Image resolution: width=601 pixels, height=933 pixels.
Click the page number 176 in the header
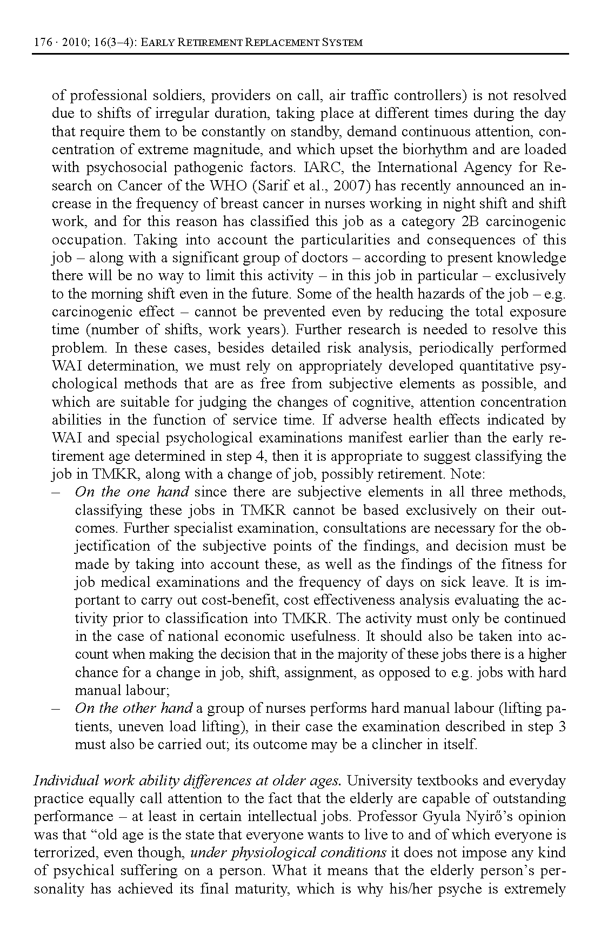[41, 43]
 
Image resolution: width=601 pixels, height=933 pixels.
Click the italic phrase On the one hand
[132, 492]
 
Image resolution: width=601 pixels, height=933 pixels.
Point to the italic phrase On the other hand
[133, 709]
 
